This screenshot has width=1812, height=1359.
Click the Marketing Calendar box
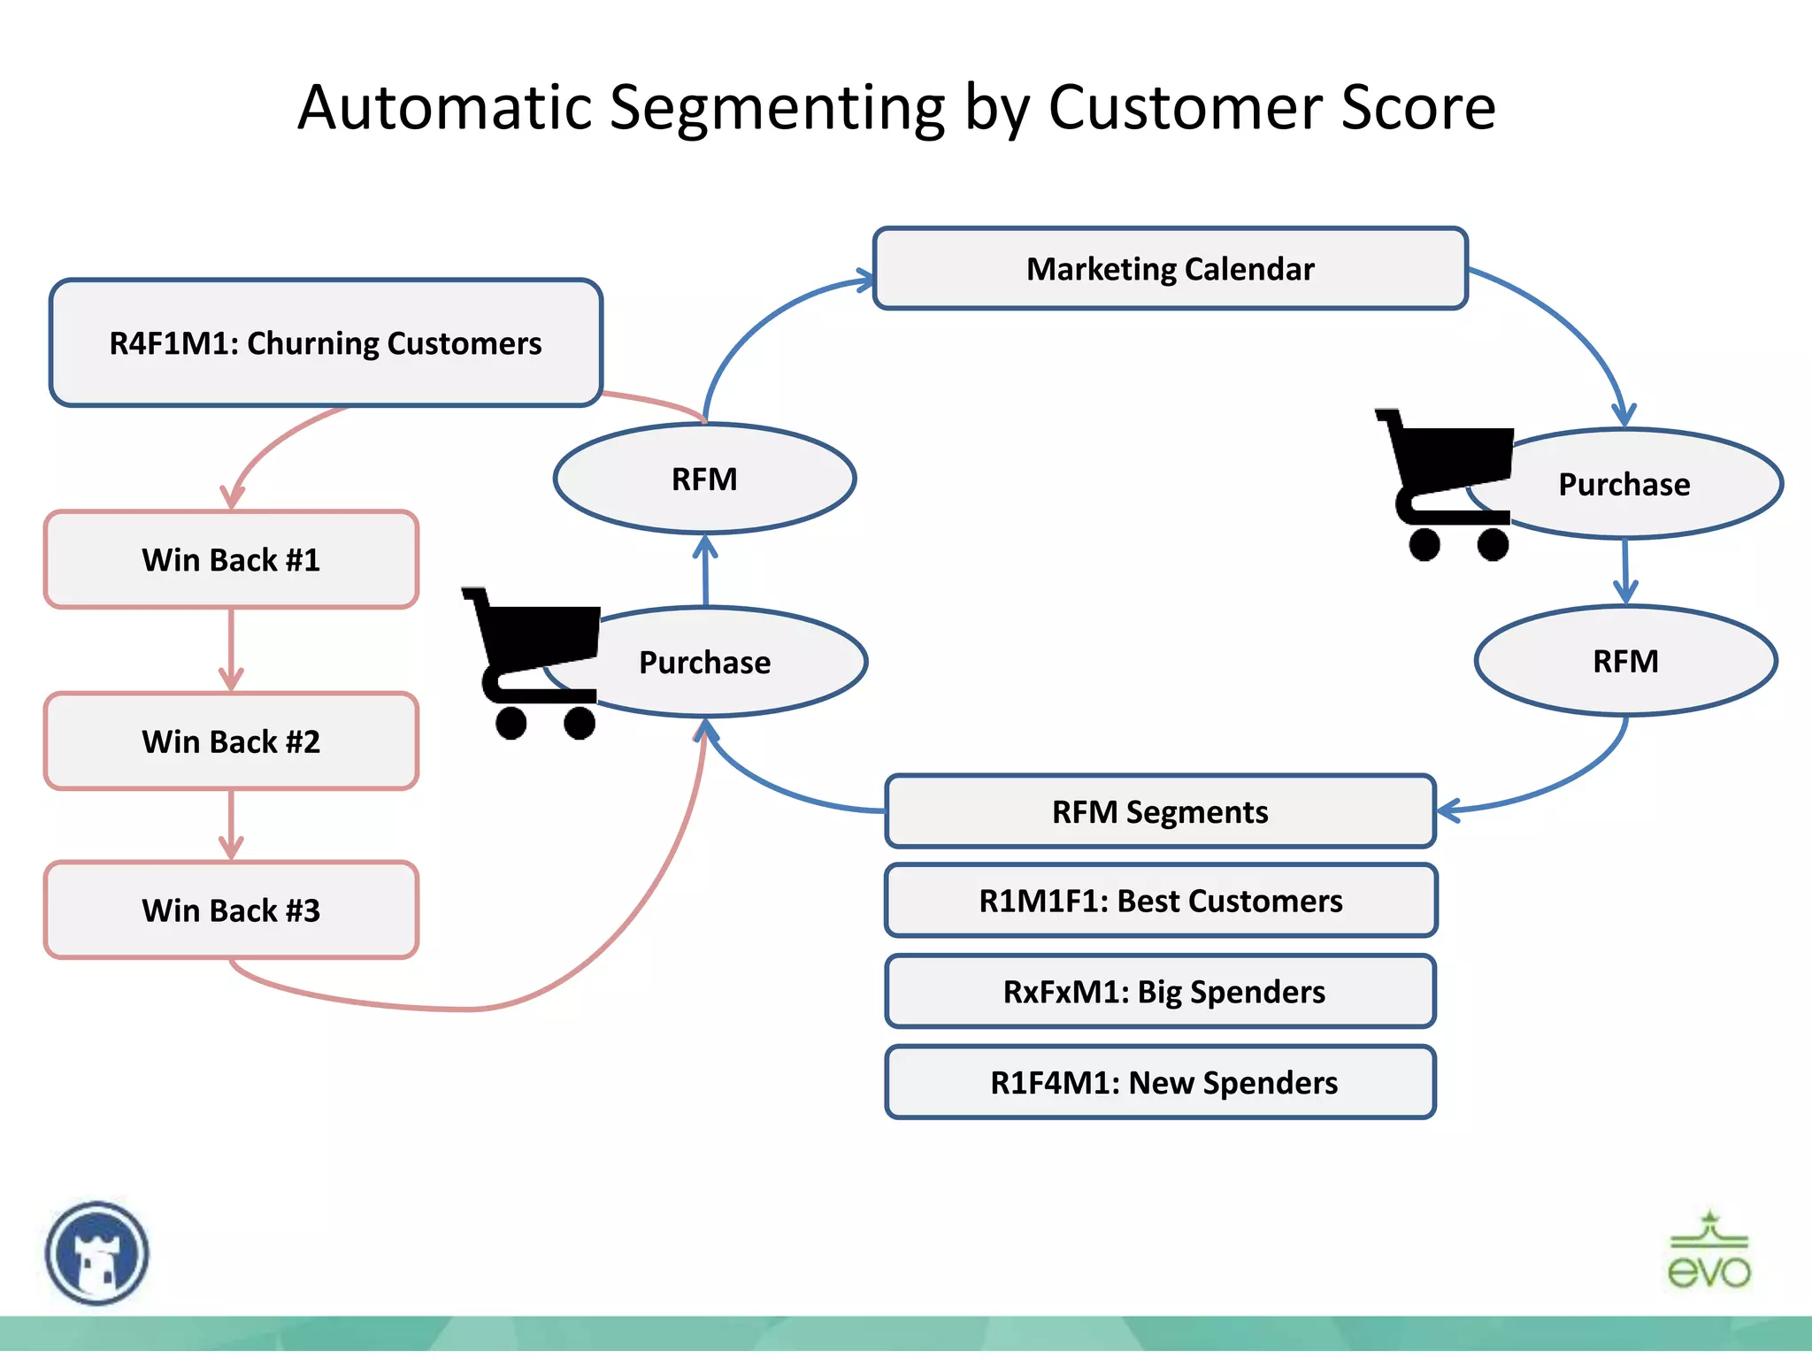point(1170,268)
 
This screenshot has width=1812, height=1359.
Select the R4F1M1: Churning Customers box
point(325,342)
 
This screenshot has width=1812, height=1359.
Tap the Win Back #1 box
point(231,559)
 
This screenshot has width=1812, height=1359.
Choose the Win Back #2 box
point(231,741)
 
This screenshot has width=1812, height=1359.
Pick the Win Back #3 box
point(231,910)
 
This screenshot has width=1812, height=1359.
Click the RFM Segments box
point(1159,811)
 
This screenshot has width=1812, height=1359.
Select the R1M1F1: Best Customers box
point(1160,901)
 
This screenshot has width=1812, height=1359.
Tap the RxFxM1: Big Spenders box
point(1160,991)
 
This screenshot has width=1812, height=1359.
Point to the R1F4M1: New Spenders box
point(1160,1082)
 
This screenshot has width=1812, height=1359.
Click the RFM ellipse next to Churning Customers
point(704,479)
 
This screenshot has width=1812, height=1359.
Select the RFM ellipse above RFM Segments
point(1625,661)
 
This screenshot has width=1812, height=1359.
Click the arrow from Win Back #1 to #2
point(231,650)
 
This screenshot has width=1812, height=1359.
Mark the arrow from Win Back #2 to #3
point(231,825)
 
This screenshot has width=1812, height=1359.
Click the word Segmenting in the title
point(778,108)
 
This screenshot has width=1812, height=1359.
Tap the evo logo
point(1708,1251)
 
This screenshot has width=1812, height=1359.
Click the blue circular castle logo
point(97,1253)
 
